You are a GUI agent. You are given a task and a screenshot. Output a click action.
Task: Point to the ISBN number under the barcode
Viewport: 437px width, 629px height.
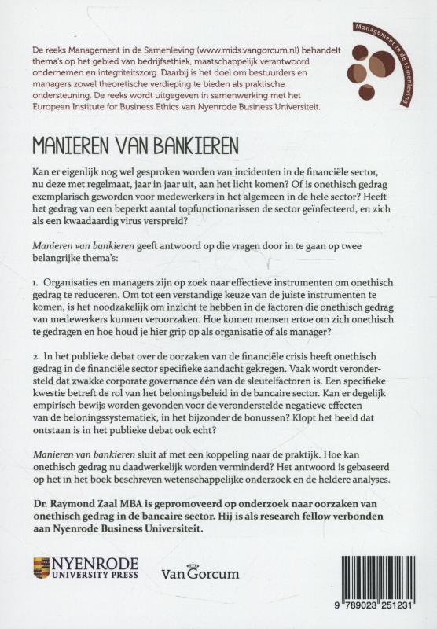[x=372, y=612]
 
